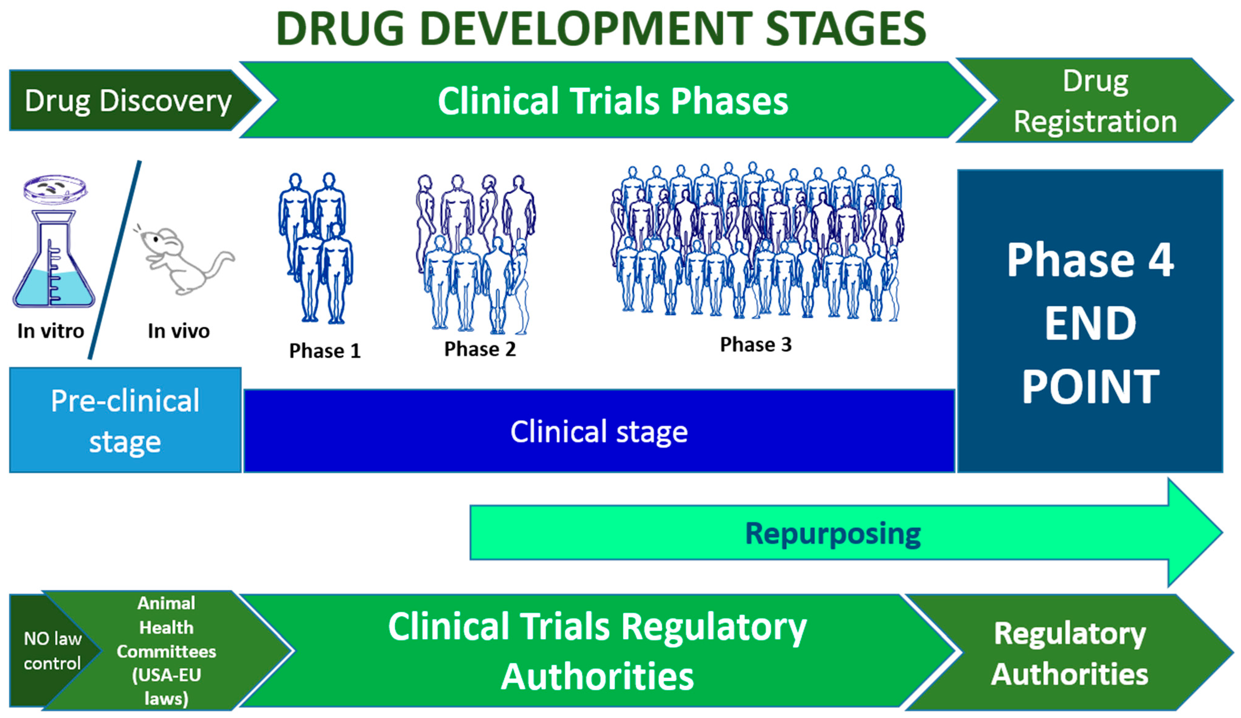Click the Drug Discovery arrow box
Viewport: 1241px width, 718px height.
pyautogui.click(x=128, y=101)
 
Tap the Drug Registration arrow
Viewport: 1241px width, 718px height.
pyautogui.click(x=1094, y=101)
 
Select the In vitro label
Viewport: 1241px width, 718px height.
pyautogui.click(x=51, y=331)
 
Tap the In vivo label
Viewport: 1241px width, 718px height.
pyautogui.click(x=178, y=331)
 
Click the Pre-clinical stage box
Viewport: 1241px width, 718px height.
pyautogui.click(x=125, y=421)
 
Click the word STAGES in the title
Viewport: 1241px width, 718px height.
pyautogui.click(x=845, y=29)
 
